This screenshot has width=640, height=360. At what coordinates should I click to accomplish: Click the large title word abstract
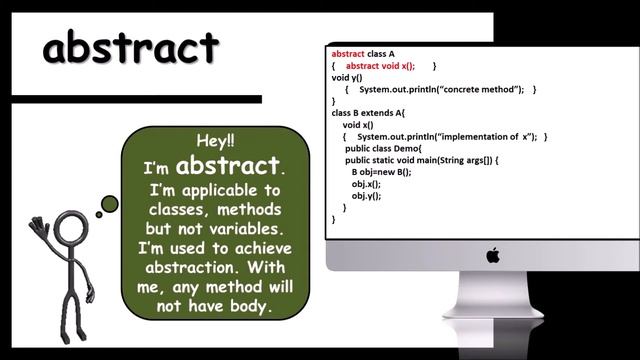[x=130, y=47]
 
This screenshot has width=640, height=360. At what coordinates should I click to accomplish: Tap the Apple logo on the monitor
[x=492, y=256]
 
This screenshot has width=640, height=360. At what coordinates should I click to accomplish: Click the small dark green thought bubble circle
[x=109, y=204]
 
